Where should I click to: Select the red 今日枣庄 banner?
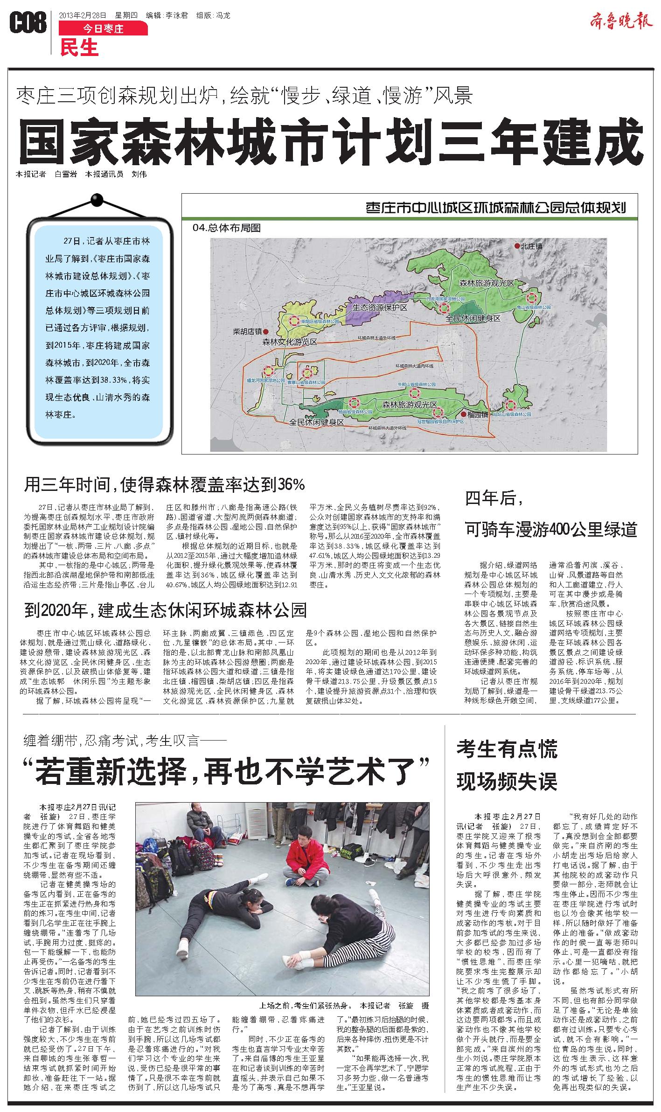[x=103, y=29]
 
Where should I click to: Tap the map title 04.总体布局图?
[x=227, y=228]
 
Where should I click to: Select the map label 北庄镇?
[x=531, y=246]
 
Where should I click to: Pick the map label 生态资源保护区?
[x=379, y=308]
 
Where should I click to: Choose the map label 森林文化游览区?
[x=290, y=342]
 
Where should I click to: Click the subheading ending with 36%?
[x=165, y=485]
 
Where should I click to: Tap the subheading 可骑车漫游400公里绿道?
[x=551, y=530]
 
